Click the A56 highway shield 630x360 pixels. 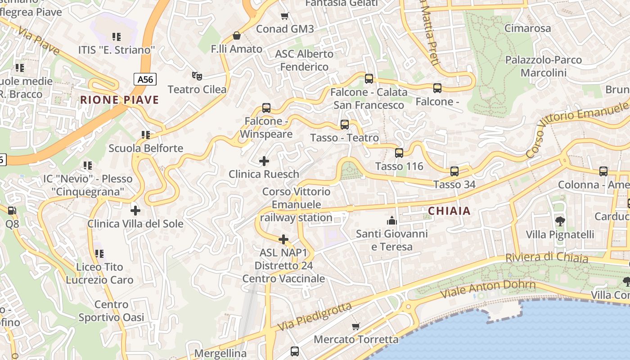pyautogui.click(x=145, y=80)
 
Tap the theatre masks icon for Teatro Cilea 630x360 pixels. pyautogui.click(x=196, y=76)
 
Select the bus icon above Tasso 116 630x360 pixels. pyautogui.click(x=399, y=153)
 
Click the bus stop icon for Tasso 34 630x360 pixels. pyautogui.click(x=454, y=171)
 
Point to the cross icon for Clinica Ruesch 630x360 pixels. pyautogui.click(x=264, y=161)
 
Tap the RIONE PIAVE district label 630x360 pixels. pyautogui.click(x=120, y=100)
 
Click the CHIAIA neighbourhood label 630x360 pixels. pyautogui.click(x=449, y=211)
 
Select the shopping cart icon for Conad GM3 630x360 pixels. pyautogui.click(x=284, y=16)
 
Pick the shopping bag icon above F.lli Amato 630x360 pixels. pyautogui.click(x=237, y=36)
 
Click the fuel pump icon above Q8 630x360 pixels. pyautogui.click(x=12, y=210)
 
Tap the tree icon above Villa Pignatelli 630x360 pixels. pyautogui.click(x=560, y=221)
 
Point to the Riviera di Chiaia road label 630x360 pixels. pyautogui.click(x=547, y=258)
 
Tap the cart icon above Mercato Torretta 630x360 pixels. pyautogui.click(x=356, y=326)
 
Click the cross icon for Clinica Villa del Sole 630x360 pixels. pyautogui.click(x=135, y=210)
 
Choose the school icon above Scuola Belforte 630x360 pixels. pyautogui.click(x=146, y=135)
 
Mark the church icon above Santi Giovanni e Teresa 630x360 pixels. pyautogui.click(x=392, y=220)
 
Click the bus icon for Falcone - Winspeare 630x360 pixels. pyautogui.click(x=266, y=108)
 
